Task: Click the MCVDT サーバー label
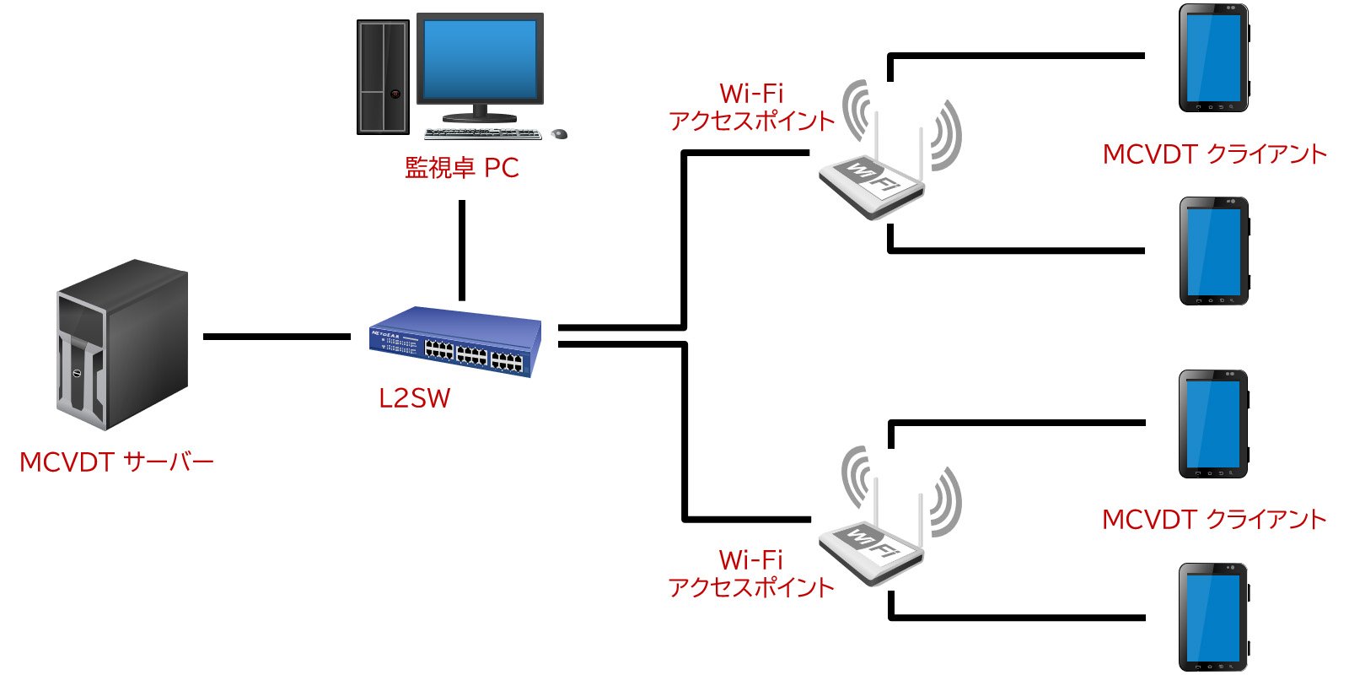coord(116,462)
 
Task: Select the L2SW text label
coord(414,398)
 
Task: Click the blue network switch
coord(455,342)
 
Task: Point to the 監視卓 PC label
coord(461,168)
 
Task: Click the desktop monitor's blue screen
coord(480,59)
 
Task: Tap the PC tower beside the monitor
coord(383,77)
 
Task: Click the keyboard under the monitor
coord(482,134)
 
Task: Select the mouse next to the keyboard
coord(559,134)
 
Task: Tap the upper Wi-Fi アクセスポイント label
coord(750,108)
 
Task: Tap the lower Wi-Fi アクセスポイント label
coord(750,574)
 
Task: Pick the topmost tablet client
coord(1213,58)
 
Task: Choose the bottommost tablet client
coord(1212,617)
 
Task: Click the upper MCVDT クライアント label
coord(1214,154)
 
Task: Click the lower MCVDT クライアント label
coord(1214,520)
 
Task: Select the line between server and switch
coord(277,337)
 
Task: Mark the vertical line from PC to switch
coord(462,250)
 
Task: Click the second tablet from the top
coord(1213,251)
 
